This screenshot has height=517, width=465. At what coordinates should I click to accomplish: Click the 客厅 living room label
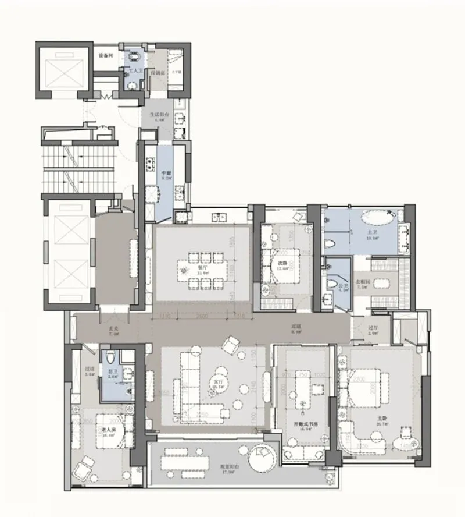(x=217, y=385)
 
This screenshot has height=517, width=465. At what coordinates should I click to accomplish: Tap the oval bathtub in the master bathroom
(x=376, y=219)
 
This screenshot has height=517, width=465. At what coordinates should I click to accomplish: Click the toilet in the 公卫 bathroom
(x=331, y=285)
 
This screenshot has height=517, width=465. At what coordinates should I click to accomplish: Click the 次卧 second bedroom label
(x=282, y=263)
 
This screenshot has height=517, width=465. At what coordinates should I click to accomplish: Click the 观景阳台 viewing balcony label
(x=219, y=470)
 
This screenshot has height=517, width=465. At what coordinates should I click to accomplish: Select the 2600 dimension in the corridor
(x=202, y=316)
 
